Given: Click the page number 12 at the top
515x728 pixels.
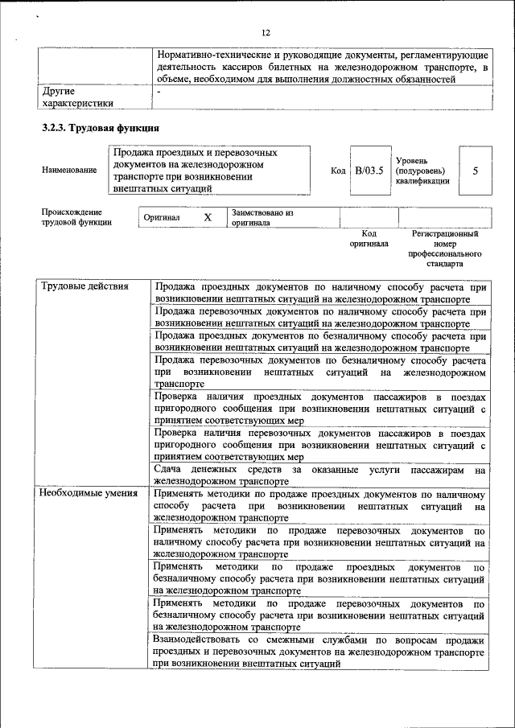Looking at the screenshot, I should click(x=266, y=32).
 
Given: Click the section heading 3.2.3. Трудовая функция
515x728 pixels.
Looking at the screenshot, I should click(x=101, y=128).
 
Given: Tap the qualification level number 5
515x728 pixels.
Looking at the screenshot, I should click(x=475, y=171).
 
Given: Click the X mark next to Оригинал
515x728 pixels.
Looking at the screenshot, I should click(x=207, y=218).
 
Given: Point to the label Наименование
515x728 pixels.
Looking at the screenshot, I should click(x=69, y=171).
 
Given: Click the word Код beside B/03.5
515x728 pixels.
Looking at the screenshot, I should click(x=339, y=171).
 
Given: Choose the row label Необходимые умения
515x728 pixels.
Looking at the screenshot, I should click(x=89, y=494).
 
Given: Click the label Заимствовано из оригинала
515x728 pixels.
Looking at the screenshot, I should click(x=262, y=218).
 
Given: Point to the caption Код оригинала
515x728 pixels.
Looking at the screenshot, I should click(x=369, y=238).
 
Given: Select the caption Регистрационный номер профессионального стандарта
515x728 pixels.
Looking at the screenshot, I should click(x=444, y=248).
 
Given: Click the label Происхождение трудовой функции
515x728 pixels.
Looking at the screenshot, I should click(x=77, y=217).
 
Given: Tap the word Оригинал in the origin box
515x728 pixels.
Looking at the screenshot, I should click(x=162, y=218).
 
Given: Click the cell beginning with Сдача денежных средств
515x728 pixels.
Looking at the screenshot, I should click(x=319, y=475).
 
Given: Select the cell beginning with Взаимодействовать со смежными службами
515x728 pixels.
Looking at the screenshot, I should click(x=319, y=652).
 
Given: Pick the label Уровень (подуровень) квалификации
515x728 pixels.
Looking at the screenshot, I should click(x=422, y=171).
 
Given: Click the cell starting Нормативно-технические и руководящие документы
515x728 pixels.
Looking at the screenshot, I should click(x=322, y=68).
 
